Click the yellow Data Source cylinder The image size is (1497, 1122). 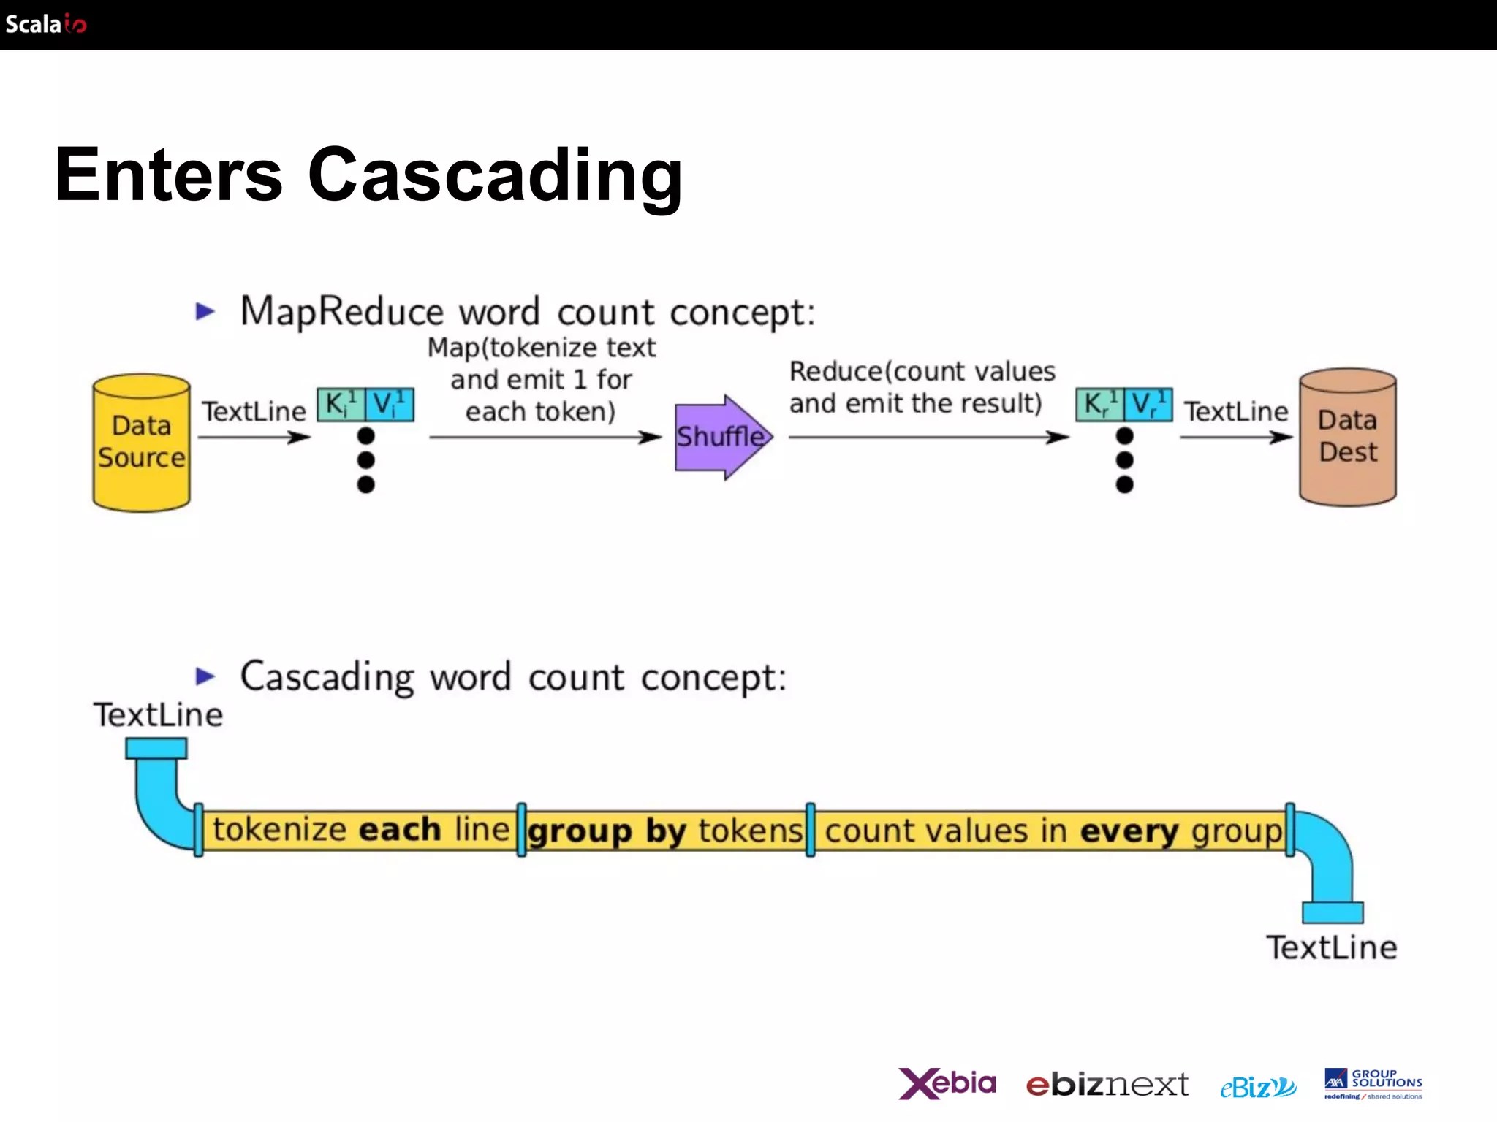141,443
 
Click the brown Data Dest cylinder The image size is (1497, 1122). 1347,437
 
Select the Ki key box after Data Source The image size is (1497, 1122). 340,405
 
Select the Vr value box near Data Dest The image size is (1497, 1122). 1148,405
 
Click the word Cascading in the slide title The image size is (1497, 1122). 495,175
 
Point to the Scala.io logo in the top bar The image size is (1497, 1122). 45,24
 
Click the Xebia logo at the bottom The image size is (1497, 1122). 947,1083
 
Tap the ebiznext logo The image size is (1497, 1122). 1107,1085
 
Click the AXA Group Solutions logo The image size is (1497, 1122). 1373,1084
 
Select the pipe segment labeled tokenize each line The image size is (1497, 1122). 360,830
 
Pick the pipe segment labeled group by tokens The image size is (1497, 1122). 665,831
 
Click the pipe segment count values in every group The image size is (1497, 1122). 1051,831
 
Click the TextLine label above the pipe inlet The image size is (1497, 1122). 158,714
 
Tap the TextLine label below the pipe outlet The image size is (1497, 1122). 1331,947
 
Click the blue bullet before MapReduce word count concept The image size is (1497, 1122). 205,311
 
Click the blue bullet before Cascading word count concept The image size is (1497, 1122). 205,676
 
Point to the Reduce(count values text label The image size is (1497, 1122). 922,372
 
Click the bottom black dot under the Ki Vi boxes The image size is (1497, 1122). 366,484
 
